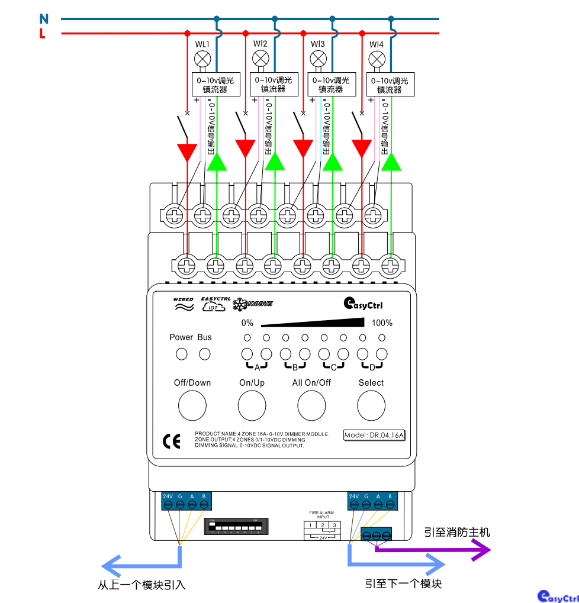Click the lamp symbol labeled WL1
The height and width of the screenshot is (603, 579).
pos(202,59)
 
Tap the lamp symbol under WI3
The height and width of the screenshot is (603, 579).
pos(319,59)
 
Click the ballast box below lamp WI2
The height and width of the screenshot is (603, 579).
pos(273,85)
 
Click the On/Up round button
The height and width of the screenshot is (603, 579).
pos(252,405)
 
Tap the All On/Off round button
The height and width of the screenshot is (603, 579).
pos(311,405)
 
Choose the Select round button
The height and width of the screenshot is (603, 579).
pos(371,405)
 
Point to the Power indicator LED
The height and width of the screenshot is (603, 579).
pos(182,354)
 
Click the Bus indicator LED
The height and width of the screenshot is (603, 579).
pos(204,354)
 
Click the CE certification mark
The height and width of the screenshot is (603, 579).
pos(171,441)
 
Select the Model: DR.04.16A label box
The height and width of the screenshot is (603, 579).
pos(374,435)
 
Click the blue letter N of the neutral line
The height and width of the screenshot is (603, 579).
pos(43,18)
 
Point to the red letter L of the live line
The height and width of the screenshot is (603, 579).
pos(42,34)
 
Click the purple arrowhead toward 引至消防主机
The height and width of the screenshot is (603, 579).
pos(482,551)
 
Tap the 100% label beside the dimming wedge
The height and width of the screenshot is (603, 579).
pos(382,323)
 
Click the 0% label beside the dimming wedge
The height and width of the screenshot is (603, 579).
pos(247,323)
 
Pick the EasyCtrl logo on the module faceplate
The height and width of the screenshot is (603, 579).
pos(364,304)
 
